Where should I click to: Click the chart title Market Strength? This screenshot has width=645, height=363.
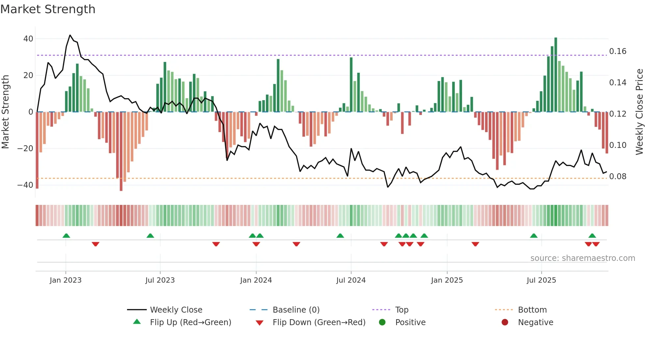pyautogui.click(x=48, y=9)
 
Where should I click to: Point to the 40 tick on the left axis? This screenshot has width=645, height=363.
pyautogui.click(x=28, y=39)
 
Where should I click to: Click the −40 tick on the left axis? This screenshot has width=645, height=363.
pyautogui.click(x=25, y=185)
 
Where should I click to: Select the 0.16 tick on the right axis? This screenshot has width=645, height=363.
pyautogui.click(x=618, y=51)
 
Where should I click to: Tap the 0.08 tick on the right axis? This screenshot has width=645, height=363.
pyautogui.click(x=618, y=177)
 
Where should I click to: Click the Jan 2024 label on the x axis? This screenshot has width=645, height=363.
pyautogui.click(x=256, y=280)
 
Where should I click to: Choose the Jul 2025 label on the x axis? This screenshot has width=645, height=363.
pyautogui.click(x=541, y=280)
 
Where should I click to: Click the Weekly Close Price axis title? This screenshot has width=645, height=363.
pyautogui.click(x=639, y=112)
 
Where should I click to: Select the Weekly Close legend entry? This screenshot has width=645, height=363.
pyautogui.click(x=176, y=310)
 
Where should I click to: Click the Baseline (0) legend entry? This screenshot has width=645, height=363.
pyautogui.click(x=296, y=310)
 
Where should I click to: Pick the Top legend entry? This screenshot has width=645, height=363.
pyautogui.click(x=401, y=310)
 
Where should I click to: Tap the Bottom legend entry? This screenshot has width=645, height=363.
pyautogui.click(x=532, y=310)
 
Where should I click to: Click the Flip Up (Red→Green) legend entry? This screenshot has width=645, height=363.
pyautogui.click(x=190, y=322)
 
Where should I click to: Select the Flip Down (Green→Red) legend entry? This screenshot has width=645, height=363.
pyautogui.click(x=319, y=322)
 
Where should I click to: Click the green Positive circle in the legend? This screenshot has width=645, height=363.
pyautogui.click(x=382, y=322)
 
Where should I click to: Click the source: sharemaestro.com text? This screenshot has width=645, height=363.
pyautogui.click(x=582, y=258)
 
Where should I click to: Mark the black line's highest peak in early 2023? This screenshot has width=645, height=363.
pyautogui.click(x=70, y=35)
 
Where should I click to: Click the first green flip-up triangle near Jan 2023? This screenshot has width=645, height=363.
pyautogui.click(x=66, y=236)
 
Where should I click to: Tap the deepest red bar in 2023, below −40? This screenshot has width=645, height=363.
pyautogui.click(x=121, y=152)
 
